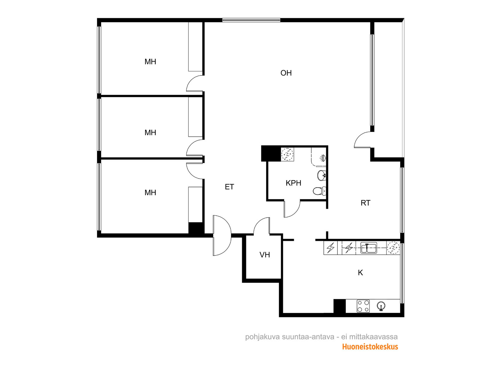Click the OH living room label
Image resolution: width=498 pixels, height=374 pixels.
(286, 73)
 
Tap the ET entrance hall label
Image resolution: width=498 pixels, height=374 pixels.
(229, 187)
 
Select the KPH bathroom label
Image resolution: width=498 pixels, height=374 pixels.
(294, 183)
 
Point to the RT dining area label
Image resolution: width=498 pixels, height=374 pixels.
(365, 203)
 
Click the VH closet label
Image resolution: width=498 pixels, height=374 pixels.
(265, 255)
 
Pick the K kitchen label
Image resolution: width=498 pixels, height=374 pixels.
(360, 272)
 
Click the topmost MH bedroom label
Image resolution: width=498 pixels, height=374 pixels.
(150, 61)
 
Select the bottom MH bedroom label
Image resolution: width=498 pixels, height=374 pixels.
(150, 193)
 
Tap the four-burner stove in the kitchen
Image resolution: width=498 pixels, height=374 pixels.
(363, 306)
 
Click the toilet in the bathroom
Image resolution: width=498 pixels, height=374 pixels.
(319, 191)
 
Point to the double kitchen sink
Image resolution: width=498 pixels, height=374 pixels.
(369, 248)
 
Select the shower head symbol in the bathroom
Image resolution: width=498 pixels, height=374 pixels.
(323, 158)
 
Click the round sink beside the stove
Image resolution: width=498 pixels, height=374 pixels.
(381, 306)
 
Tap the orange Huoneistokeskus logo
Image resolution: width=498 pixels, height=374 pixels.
(370, 347)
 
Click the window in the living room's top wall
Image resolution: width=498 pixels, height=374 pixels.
(251, 20)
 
